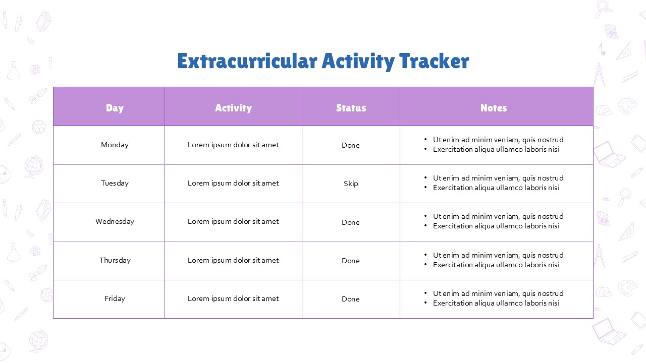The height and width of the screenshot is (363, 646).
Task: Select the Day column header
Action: pos(115,108)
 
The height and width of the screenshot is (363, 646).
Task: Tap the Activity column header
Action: pos(233,108)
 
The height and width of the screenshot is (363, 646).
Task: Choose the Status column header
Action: pos(351,108)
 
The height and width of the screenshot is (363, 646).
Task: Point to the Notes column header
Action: pos(493,108)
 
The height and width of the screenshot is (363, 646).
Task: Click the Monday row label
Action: pos(115,145)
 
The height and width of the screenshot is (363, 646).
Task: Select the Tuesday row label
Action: pos(115,183)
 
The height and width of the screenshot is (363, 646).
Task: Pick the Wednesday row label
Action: pos(115,221)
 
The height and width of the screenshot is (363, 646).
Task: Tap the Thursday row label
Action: pos(115,260)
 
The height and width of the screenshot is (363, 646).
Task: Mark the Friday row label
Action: pos(115,298)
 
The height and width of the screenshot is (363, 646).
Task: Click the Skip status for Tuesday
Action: pos(351,184)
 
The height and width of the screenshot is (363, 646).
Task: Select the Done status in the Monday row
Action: pos(351,145)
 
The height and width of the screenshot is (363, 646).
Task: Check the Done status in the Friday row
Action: pos(351,299)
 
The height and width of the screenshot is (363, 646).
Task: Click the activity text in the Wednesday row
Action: pos(233,221)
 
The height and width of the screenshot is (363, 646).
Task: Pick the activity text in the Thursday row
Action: pos(233,260)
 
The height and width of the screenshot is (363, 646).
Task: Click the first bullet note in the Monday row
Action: pos(498,140)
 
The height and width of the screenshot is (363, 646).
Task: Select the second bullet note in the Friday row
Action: pos(496,303)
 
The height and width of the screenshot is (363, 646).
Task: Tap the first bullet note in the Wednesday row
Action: pos(498,216)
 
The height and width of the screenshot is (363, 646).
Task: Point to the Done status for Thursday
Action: pos(351,261)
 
